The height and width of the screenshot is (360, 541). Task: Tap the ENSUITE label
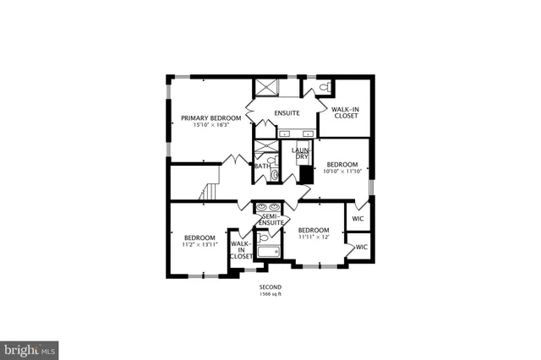click(287, 112)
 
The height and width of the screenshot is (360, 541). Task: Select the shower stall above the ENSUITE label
click(268, 86)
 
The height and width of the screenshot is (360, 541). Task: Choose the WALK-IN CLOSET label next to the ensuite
click(346, 112)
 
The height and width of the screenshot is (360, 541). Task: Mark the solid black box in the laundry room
click(303, 173)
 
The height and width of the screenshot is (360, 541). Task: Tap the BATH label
click(262, 166)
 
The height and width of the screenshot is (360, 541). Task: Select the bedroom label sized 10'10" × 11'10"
click(342, 165)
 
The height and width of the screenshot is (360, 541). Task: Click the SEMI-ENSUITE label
click(270, 219)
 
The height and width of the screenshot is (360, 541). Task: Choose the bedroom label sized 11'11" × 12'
click(313, 230)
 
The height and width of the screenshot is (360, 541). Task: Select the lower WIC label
click(362, 247)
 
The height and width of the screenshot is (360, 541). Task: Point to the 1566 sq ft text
click(270, 295)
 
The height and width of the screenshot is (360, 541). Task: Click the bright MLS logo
click(30, 347)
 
